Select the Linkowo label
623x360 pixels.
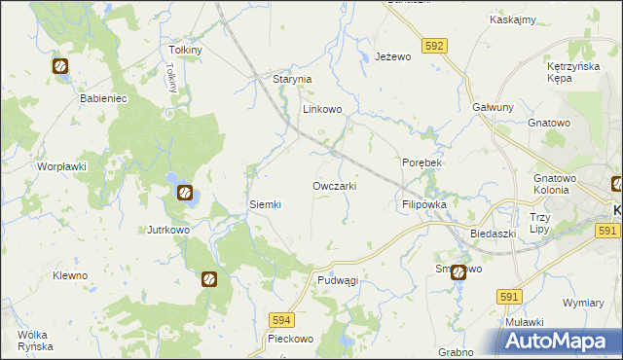tap(322, 110)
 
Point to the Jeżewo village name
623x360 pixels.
tap(394, 57)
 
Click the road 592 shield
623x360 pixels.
tap(435, 45)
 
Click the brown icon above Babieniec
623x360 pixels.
tap(60, 66)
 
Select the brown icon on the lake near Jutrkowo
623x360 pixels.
tap(183, 193)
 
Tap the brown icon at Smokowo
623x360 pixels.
tap(458, 273)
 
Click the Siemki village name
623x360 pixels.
tap(266, 204)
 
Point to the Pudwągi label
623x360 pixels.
tap(338, 280)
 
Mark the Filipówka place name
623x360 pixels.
tap(423, 205)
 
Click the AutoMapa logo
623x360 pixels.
tap(562, 341)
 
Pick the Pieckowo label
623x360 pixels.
tap(290, 340)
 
